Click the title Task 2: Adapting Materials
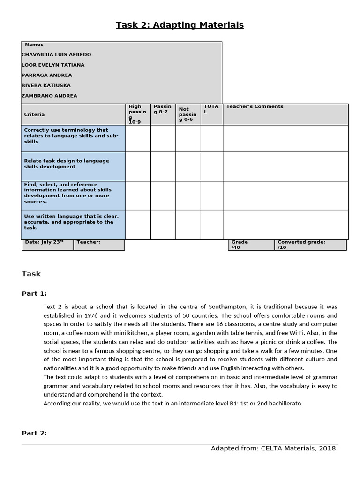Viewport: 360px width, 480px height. pos(180,25)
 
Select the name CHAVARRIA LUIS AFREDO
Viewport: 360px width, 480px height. pos(56,54)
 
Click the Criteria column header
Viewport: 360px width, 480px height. pos(34,114)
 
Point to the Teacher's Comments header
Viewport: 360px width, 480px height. pos(255,106)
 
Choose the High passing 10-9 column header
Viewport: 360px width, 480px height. pos(137,114)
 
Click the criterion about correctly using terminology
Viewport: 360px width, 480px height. pos(71,135)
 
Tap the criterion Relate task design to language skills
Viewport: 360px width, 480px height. pos(67,164)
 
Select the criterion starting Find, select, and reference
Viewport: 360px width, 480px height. pos(67,193)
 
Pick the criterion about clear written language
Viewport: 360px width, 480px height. pos(71,222)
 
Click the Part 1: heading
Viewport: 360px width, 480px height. pos(34,293)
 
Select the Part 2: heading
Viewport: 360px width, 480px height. pos(34,433)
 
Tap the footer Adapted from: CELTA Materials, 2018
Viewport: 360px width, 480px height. pos(274,449)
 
